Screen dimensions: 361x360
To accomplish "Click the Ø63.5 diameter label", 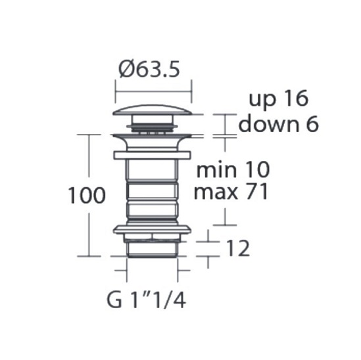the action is coord(149,69).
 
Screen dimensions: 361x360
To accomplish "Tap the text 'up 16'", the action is coord(278,99).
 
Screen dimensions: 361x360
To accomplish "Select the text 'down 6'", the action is coord(279,124).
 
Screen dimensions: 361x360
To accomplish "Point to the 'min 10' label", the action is coord(233,169).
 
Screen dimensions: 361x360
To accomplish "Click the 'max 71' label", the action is coord(231,191).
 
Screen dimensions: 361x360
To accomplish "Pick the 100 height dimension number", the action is coord(87,195).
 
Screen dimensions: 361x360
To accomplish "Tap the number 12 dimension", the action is coord(238,248).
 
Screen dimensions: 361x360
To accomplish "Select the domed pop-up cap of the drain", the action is coord(152,110).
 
